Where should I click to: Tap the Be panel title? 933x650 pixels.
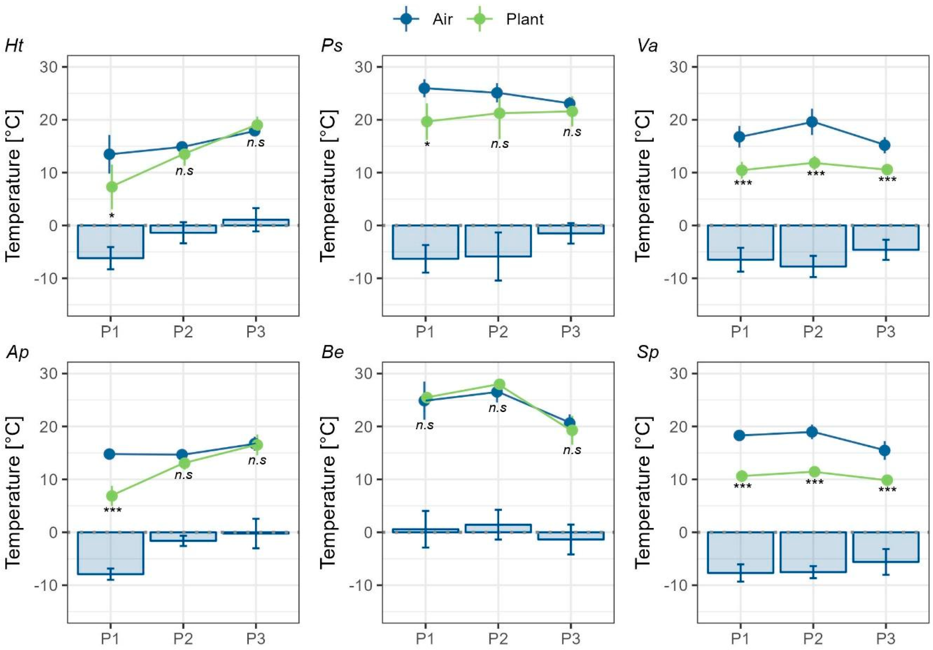tap(332, 352)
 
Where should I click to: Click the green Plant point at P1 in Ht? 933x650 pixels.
tap(112, 187)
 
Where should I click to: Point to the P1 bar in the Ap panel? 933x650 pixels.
tap(110, 553)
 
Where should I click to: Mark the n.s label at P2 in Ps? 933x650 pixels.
tap(499, 144)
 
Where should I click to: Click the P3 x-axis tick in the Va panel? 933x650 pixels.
tap(885, 332)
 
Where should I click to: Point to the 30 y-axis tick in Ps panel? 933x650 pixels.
tap(364, 67)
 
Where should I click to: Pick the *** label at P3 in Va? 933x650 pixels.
tap(887, 180)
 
